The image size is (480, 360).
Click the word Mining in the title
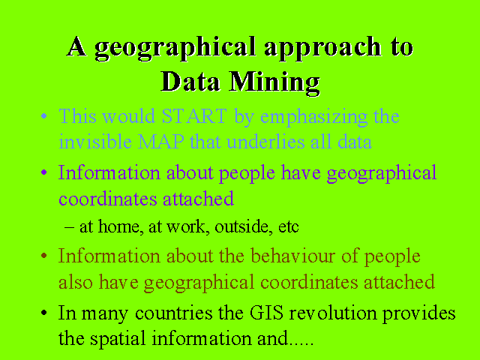click(x=274, y=82)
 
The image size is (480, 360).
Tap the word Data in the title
click(x=190, y=81)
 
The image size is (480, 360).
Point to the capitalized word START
click(x=194, y=116)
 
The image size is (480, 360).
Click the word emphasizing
click(x=313, y=118)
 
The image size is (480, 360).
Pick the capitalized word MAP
click(x=161, y=142)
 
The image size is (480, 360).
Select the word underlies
click(x=265, y=142)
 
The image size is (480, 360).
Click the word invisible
click(x=95, y=142)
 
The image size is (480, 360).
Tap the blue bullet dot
click(x=44, y=116)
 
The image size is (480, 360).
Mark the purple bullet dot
click(x=44, y=172)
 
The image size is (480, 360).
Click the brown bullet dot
click(x=44, y=255)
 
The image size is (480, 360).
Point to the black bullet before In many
click(x=44, y=313)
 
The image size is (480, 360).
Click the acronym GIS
click(x=266, y=313)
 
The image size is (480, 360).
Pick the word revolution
click(x=333, y=313)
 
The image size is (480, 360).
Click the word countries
click(x=173, y=313)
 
